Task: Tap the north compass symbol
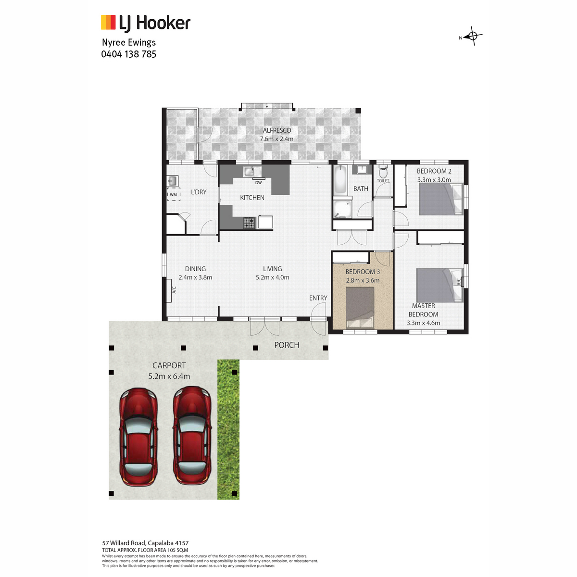[471, 36]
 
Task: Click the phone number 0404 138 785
[129, 54]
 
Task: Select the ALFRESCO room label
[277, 130]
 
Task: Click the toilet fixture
[383, 172]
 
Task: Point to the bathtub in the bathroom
[340, 180]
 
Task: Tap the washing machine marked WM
[174, 194]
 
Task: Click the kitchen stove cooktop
[250, 223]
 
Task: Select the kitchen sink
[252, 172]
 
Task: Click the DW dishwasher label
[258, 183]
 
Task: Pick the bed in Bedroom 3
[360, 308]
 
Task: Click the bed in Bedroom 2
[441, 199]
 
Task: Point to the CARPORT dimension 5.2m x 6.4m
[169, 376]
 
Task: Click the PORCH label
[287, 345]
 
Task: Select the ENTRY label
[318, 298]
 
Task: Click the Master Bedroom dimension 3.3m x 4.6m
[423, 323]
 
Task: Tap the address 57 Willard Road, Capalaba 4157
[145, 543]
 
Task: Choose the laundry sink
[173, 181]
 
